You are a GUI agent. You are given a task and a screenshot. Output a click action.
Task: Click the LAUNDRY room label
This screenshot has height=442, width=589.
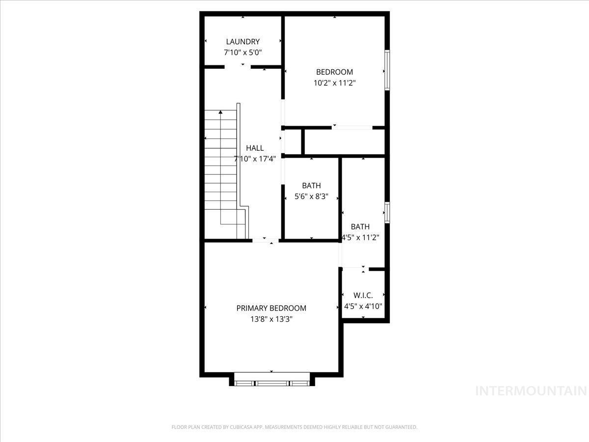(x=242, y=42)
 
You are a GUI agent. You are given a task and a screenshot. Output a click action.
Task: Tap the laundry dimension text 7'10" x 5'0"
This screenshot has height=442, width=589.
(x=242, y=52)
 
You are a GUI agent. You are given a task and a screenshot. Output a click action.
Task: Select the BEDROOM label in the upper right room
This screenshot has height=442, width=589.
(x=334, y=72)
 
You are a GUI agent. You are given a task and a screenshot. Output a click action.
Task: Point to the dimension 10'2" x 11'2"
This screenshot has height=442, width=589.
(x=334, y=83)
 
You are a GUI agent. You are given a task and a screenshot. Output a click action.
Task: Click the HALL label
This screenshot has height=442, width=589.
(x=255, y=148)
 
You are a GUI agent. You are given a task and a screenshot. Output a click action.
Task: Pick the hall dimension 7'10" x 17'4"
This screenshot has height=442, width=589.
(x=255, y=159)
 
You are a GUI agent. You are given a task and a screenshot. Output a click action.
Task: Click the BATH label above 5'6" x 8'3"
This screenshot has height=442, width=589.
(x=311, y=186)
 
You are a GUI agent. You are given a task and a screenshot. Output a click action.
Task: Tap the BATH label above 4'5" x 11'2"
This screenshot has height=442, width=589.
(x=360, y=227)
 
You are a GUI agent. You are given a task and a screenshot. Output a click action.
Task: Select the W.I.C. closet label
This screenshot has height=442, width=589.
(x=363, y=296)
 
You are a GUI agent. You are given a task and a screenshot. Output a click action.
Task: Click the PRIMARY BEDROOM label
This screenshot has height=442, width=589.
(x=271, y=308)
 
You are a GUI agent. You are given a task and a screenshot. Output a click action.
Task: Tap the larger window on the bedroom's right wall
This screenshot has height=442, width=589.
(x=387, y=69)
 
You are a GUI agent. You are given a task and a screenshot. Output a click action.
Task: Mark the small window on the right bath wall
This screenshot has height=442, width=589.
(x=387, y=213)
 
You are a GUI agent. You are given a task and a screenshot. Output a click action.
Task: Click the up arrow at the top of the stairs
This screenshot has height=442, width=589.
(x=220, y=112)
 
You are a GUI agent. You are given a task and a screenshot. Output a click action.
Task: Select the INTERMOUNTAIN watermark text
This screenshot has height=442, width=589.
(x=532, y=391)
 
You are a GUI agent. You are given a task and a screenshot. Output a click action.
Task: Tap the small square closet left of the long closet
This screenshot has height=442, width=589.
(x=293, y=142)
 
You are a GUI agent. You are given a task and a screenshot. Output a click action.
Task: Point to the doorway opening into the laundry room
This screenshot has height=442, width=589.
(x=238, y=67)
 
